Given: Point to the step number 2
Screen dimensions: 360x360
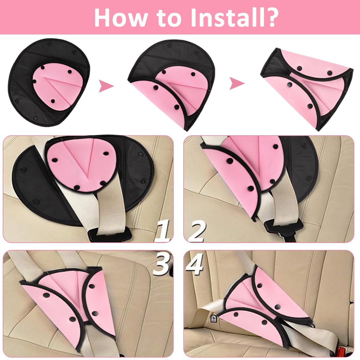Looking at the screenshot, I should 196,231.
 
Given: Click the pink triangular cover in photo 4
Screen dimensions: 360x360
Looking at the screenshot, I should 264,303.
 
